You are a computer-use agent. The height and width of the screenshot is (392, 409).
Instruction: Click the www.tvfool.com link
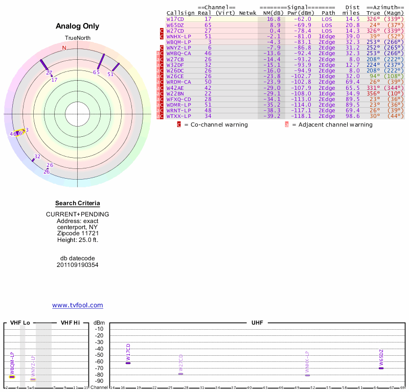[x=78, y=305]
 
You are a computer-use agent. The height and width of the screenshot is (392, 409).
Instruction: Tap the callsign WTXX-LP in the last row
[x=178, y=116]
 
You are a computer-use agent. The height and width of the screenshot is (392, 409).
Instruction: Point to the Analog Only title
[x=78, y=26]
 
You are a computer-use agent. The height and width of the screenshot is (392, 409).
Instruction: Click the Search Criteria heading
[x=78, y=204]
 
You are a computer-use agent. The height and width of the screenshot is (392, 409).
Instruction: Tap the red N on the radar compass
[x=64, y=48]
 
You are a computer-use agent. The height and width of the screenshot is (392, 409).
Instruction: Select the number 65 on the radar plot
[x=96, y=72]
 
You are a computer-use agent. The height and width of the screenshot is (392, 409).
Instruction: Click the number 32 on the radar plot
[x=37, y=156]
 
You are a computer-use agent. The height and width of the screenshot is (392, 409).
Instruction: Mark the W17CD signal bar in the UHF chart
[x=128, y=363]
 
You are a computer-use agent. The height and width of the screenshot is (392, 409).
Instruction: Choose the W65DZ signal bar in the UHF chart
[x=381, y=368]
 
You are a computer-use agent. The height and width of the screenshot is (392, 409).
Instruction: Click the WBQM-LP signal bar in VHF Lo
[x=12, y=377]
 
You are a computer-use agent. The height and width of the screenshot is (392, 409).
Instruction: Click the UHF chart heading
[x=257, y=323]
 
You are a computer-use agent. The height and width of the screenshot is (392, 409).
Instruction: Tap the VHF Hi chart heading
[x=70, y=323]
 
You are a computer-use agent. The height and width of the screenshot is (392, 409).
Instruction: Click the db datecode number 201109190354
[x=78, y=265]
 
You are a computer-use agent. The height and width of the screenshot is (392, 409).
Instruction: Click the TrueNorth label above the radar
[x=77, y=39]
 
